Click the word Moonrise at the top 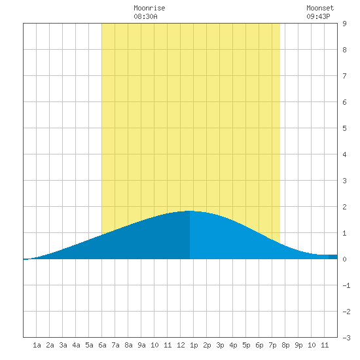[149, 8]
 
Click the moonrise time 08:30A [145, 16]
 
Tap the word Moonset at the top [320, 8]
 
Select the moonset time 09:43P [318, 16]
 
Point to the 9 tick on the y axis [344, 24]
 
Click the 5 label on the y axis [344, 128]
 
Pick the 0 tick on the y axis [344, 259]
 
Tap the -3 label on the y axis [346, 338]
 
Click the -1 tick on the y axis [346, 285]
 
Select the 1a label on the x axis [37, 345]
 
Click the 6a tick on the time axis [102, 345]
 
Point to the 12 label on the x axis [181, 345]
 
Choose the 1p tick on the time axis [194, 345]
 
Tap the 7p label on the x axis [272, 345]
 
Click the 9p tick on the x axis [298, 345]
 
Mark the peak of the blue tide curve [190, 211]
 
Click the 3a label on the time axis [63, 345]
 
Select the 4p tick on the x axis [233, 345]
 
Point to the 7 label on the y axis [344, 76]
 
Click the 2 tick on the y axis [344, 207]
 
